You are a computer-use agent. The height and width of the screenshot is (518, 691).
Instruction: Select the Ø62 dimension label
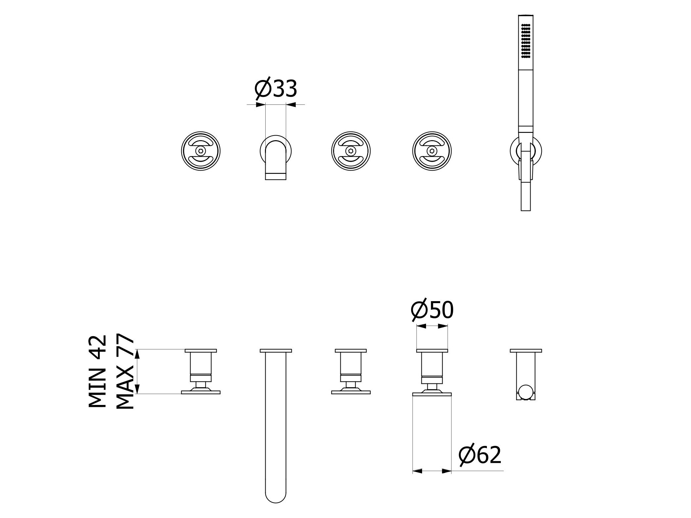tap(480, 455)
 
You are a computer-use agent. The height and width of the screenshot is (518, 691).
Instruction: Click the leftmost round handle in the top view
tap(201, 151)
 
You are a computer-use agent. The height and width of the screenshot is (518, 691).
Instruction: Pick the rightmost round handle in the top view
tap(432, 151)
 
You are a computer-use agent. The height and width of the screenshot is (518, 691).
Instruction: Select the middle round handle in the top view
tap(351, 151)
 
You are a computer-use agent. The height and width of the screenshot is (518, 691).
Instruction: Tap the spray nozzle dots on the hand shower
tap(525, 42)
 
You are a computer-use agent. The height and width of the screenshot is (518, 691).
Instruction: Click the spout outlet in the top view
tap(276, 177)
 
